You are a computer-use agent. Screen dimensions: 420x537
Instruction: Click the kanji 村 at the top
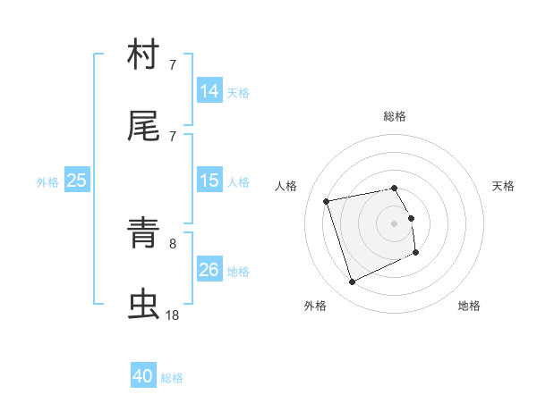coord(143,55)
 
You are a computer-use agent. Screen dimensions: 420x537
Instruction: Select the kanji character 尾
coord(143,128)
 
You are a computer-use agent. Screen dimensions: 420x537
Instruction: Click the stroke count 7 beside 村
coord(173,65)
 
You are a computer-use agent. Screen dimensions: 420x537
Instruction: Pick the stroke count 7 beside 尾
coord(173,136)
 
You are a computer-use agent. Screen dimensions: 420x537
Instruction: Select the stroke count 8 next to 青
coord(173,242)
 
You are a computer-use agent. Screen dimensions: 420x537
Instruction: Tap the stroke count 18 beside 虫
coord(173,315)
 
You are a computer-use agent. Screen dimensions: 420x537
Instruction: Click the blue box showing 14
coord(209,90)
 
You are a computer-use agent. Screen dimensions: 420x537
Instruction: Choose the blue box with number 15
coord(209,181)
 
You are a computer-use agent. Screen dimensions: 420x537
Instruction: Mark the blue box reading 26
coord(209,269)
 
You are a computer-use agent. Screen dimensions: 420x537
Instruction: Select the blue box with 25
coord(77,181)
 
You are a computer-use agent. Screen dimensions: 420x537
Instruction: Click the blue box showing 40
coord(143,376)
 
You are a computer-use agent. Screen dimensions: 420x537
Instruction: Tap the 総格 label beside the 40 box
coord(173,378)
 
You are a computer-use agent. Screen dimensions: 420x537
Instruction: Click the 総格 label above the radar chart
coord(395,116)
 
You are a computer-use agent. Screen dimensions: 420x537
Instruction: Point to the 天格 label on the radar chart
coord(504,186)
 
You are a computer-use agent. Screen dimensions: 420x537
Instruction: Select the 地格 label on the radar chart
coord(469,306)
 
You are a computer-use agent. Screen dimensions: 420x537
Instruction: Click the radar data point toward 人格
coord(327,200)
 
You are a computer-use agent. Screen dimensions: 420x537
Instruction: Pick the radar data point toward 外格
coord(352,282)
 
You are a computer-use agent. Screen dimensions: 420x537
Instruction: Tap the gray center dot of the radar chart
coord(395,223)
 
